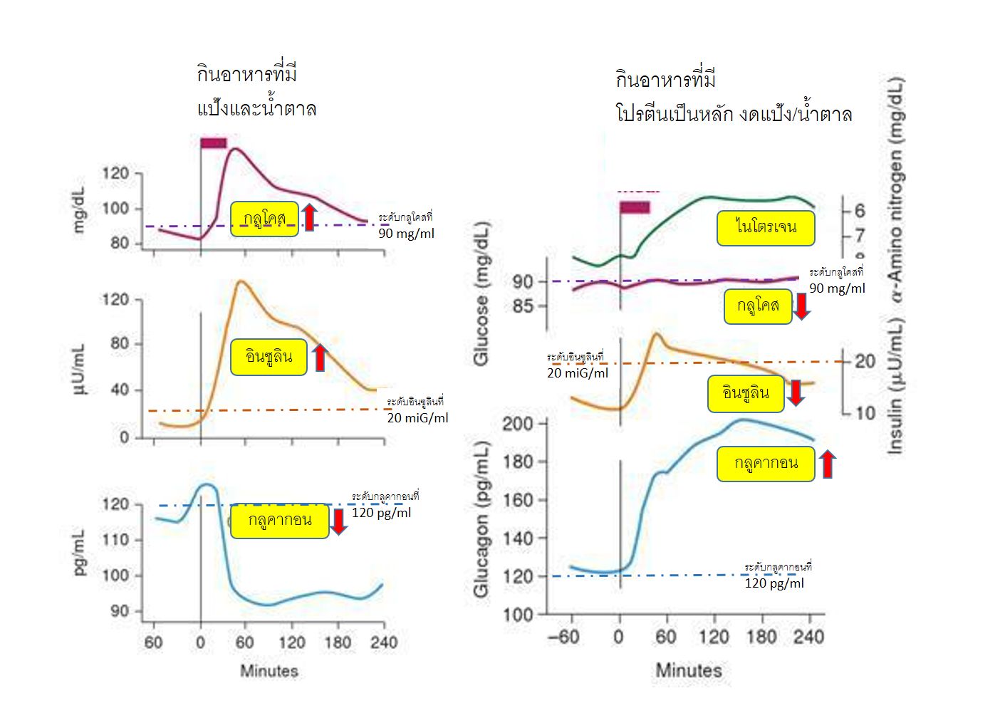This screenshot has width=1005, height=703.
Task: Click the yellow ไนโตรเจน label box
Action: tap(765, 228)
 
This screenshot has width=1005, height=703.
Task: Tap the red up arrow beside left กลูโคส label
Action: tap(308, 217)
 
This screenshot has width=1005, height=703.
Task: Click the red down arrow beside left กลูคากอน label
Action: tap(338, 521)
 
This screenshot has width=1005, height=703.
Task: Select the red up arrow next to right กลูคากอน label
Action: tap(827, 464)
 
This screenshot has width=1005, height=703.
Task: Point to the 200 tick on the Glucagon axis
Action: tap(518, 424)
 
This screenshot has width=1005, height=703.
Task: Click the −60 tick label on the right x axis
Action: tap(563, 636)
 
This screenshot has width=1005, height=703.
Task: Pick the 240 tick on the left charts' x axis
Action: tap(383, 642)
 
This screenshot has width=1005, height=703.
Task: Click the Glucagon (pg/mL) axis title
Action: tap(482, 519)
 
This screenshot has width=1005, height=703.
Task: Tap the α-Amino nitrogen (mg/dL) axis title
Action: tap(896, 189)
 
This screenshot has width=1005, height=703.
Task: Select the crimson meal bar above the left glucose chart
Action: tap(213, 143)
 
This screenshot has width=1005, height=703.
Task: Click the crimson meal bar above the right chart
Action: tap(634, 207)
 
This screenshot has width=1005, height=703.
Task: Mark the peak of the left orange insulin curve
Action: tap(241, 281)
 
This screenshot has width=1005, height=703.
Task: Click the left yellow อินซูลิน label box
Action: tap(269, 357)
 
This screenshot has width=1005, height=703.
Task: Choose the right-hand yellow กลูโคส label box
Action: tap(758, 306)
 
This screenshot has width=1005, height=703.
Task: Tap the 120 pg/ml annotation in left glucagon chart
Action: tap(381, 513)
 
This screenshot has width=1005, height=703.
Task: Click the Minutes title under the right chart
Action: tap(688, 670)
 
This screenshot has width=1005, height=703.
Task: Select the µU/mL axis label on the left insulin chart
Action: tap(79, 368)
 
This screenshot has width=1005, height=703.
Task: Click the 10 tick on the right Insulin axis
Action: tap(865, 413)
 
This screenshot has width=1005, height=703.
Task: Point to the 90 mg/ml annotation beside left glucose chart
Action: tap(406, 234)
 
